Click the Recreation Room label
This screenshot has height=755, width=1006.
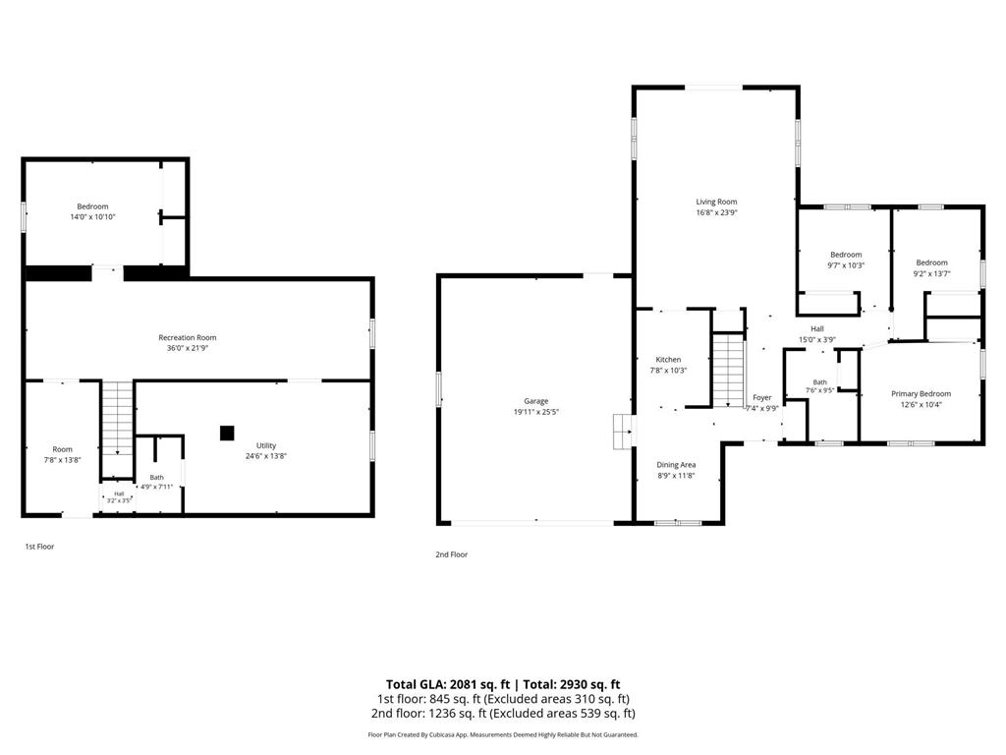click(x=188, y=338)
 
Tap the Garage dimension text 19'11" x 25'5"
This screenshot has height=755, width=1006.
click(x=535, y=412)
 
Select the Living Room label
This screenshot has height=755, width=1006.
click(x=716, y=202)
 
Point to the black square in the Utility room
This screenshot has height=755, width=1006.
click(x=227, y=434)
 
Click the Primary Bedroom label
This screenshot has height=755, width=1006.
click(x=921, y=394)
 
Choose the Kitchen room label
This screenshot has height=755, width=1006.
click(x=668, y=360)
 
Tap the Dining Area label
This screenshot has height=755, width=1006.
click(x=676, y=465)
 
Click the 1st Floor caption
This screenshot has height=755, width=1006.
click(x=39, y=547)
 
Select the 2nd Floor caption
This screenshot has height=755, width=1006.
click(x=452, y=554)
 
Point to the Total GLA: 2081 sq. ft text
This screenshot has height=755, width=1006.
click(x=448, y=684)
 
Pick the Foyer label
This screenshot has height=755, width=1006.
click(x=762, y=398)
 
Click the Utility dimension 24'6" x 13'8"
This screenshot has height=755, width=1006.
click(x=265, y=456)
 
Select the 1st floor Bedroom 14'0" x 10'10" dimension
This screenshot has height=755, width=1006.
click(x=92, y=217)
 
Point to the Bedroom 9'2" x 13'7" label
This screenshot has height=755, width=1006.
click(x=931, y=267)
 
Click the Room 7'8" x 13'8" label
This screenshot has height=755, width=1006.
click(x=62, y=454)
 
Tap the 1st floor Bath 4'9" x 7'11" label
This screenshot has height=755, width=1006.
click(x=156, y=482)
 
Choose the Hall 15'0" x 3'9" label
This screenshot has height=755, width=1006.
click(x=816, y=334)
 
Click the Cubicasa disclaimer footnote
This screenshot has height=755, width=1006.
click(x=503, y=735)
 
